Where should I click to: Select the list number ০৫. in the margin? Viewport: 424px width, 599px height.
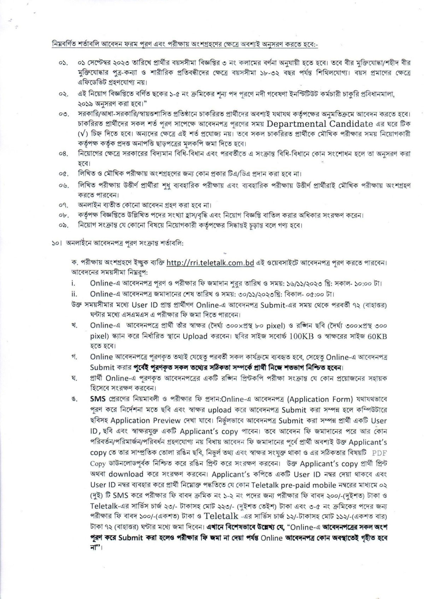(63, 174)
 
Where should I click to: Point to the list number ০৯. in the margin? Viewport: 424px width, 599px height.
(63, 225)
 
